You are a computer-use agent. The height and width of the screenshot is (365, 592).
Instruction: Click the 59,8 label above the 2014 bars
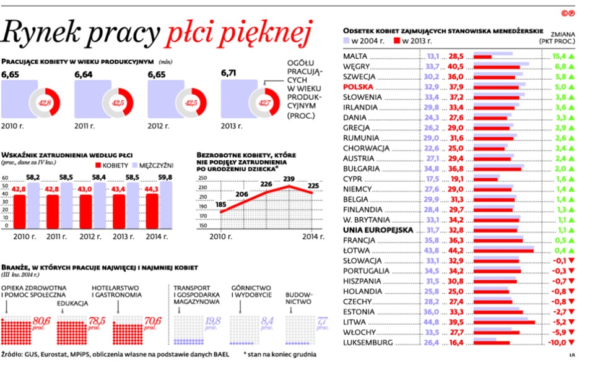[x=165, y=178]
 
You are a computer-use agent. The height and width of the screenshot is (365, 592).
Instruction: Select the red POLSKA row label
[x=358, y=87]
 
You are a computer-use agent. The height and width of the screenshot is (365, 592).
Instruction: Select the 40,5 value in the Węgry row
[x=456, y=66]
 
